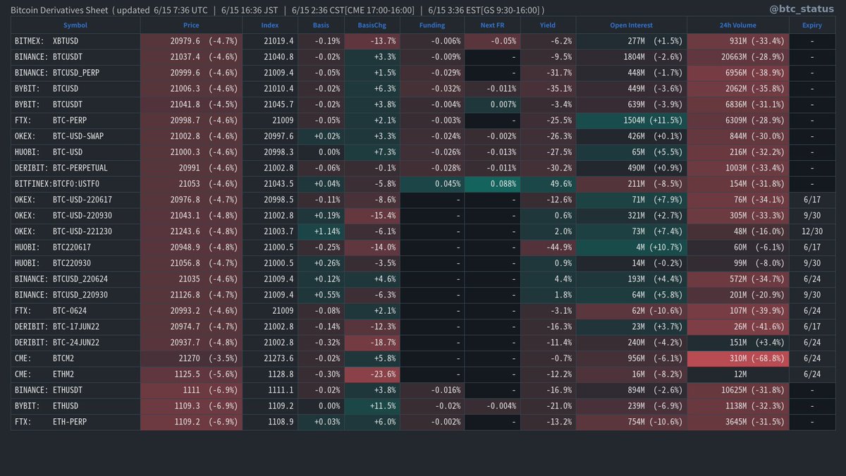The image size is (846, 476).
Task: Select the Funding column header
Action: pyautogui.click(x=434, y=25)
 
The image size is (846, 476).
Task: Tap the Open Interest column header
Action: pyautogui.click(x=631, y=25)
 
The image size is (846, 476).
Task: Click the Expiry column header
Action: pyautogui.click(x=811, y=25)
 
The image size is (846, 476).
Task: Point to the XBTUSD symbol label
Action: pyautogui.click(x=66, y=42)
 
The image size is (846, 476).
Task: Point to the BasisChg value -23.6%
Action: pyautogui.click(x=373, y=374)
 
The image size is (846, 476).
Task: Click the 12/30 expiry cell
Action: pyautogui.click(x=811, y=232)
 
